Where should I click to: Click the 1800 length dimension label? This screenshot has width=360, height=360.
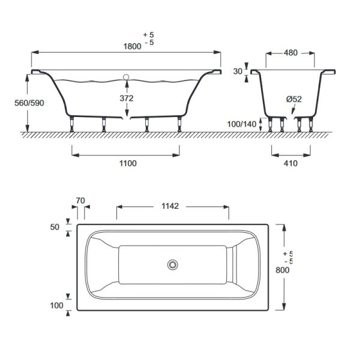pos(133,46)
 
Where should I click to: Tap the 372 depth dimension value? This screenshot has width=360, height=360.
pos(127,98)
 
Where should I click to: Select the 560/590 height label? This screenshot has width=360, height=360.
pos(29,103)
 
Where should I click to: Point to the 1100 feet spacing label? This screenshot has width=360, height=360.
pos(128,163)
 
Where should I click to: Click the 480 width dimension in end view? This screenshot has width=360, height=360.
pos(290,53)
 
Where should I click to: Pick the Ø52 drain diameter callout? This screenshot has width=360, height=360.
pos(294,99)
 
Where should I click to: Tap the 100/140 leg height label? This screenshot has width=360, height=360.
pos(242,124)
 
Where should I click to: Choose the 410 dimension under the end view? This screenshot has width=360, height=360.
pos(290,163)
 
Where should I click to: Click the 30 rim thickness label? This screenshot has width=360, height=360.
pos(238,71)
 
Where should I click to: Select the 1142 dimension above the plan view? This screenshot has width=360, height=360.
pos(170,206)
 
